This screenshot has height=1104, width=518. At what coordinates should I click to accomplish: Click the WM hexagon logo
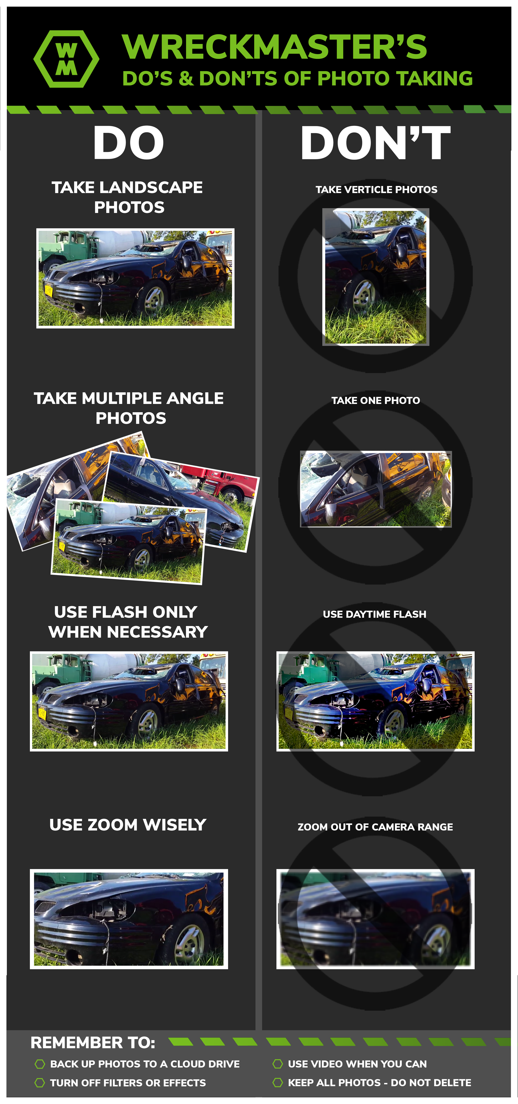click(66, 59)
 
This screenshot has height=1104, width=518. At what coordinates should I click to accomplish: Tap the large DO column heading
click(129, 143)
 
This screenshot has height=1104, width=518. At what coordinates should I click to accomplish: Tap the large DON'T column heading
click(376, 143)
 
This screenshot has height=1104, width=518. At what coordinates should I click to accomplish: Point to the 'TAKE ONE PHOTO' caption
click(376, 400)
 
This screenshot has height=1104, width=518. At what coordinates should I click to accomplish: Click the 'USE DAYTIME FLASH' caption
click(374, 614)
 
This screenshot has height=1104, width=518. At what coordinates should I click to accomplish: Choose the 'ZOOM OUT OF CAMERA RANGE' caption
click(375, 827)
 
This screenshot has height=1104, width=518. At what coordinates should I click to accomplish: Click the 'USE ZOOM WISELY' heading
click(128, 824)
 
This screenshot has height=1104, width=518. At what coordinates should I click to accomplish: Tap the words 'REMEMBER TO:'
click(93, 1042)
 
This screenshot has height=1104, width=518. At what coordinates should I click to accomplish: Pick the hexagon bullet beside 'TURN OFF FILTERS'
click(40, 1083)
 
